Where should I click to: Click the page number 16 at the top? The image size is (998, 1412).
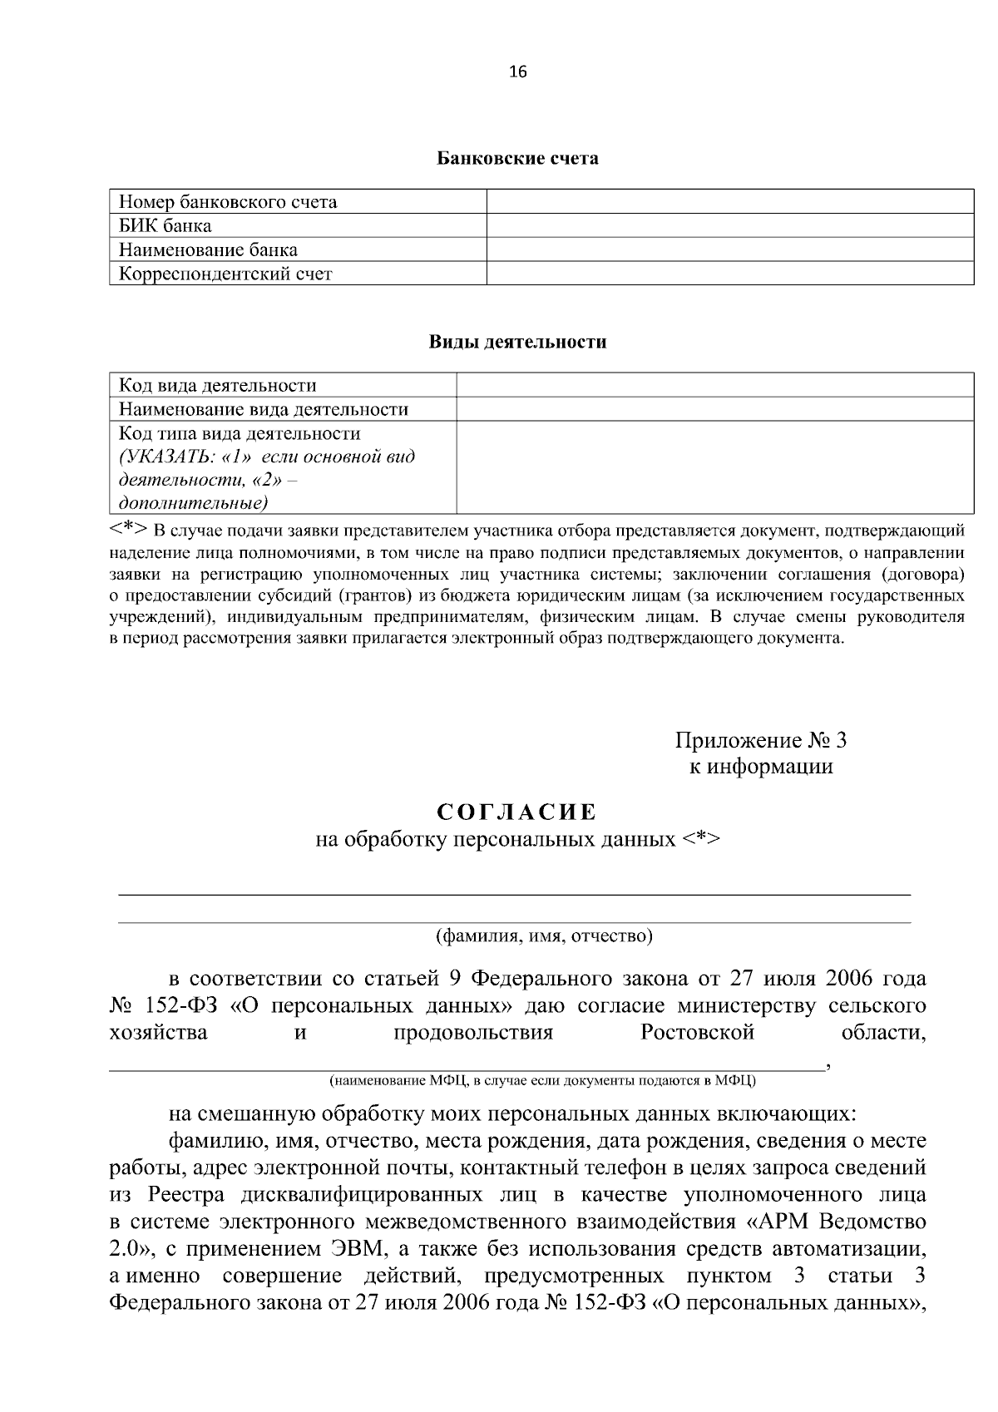[x=517, y=72]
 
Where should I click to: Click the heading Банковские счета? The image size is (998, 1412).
[x=517, y=158]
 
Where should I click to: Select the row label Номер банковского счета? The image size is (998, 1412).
[x=228, y=202]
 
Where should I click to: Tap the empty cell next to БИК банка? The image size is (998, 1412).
[x=729, y=225]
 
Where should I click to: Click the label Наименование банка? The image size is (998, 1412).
[x=208, y=249]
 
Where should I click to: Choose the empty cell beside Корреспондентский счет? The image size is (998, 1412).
[x=729, y=274]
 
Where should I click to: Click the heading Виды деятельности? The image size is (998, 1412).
[x=517, y=342]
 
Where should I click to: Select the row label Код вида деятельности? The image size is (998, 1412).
[x=218, y=386]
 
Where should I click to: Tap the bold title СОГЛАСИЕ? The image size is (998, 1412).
[x=517, y=811]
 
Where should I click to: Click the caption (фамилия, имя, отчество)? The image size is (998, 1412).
[x=545, y=936]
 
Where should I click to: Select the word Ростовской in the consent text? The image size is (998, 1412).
[x=697, y=1033]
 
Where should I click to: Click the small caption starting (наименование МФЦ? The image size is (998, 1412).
[x=542, y=1080]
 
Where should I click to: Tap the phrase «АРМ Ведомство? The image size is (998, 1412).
[x=832, y=1222]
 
